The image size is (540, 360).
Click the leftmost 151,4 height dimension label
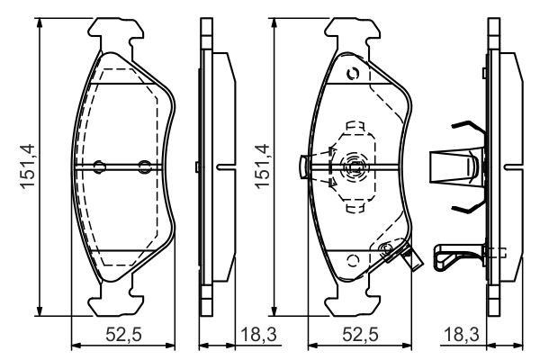click(x=28, y=166)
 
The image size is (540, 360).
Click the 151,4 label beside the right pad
click(x=262, y=166)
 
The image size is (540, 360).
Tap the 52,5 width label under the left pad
click(x=123, y=335)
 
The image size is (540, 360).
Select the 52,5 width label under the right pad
click(x=361, y=335)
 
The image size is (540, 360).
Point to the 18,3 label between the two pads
click(x=258, y=335)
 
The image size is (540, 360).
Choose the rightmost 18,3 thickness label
click(x=461, y=335)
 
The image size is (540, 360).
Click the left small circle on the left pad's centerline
click(x=100, y=166)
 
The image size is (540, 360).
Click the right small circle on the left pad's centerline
click(x=144, y=166)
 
